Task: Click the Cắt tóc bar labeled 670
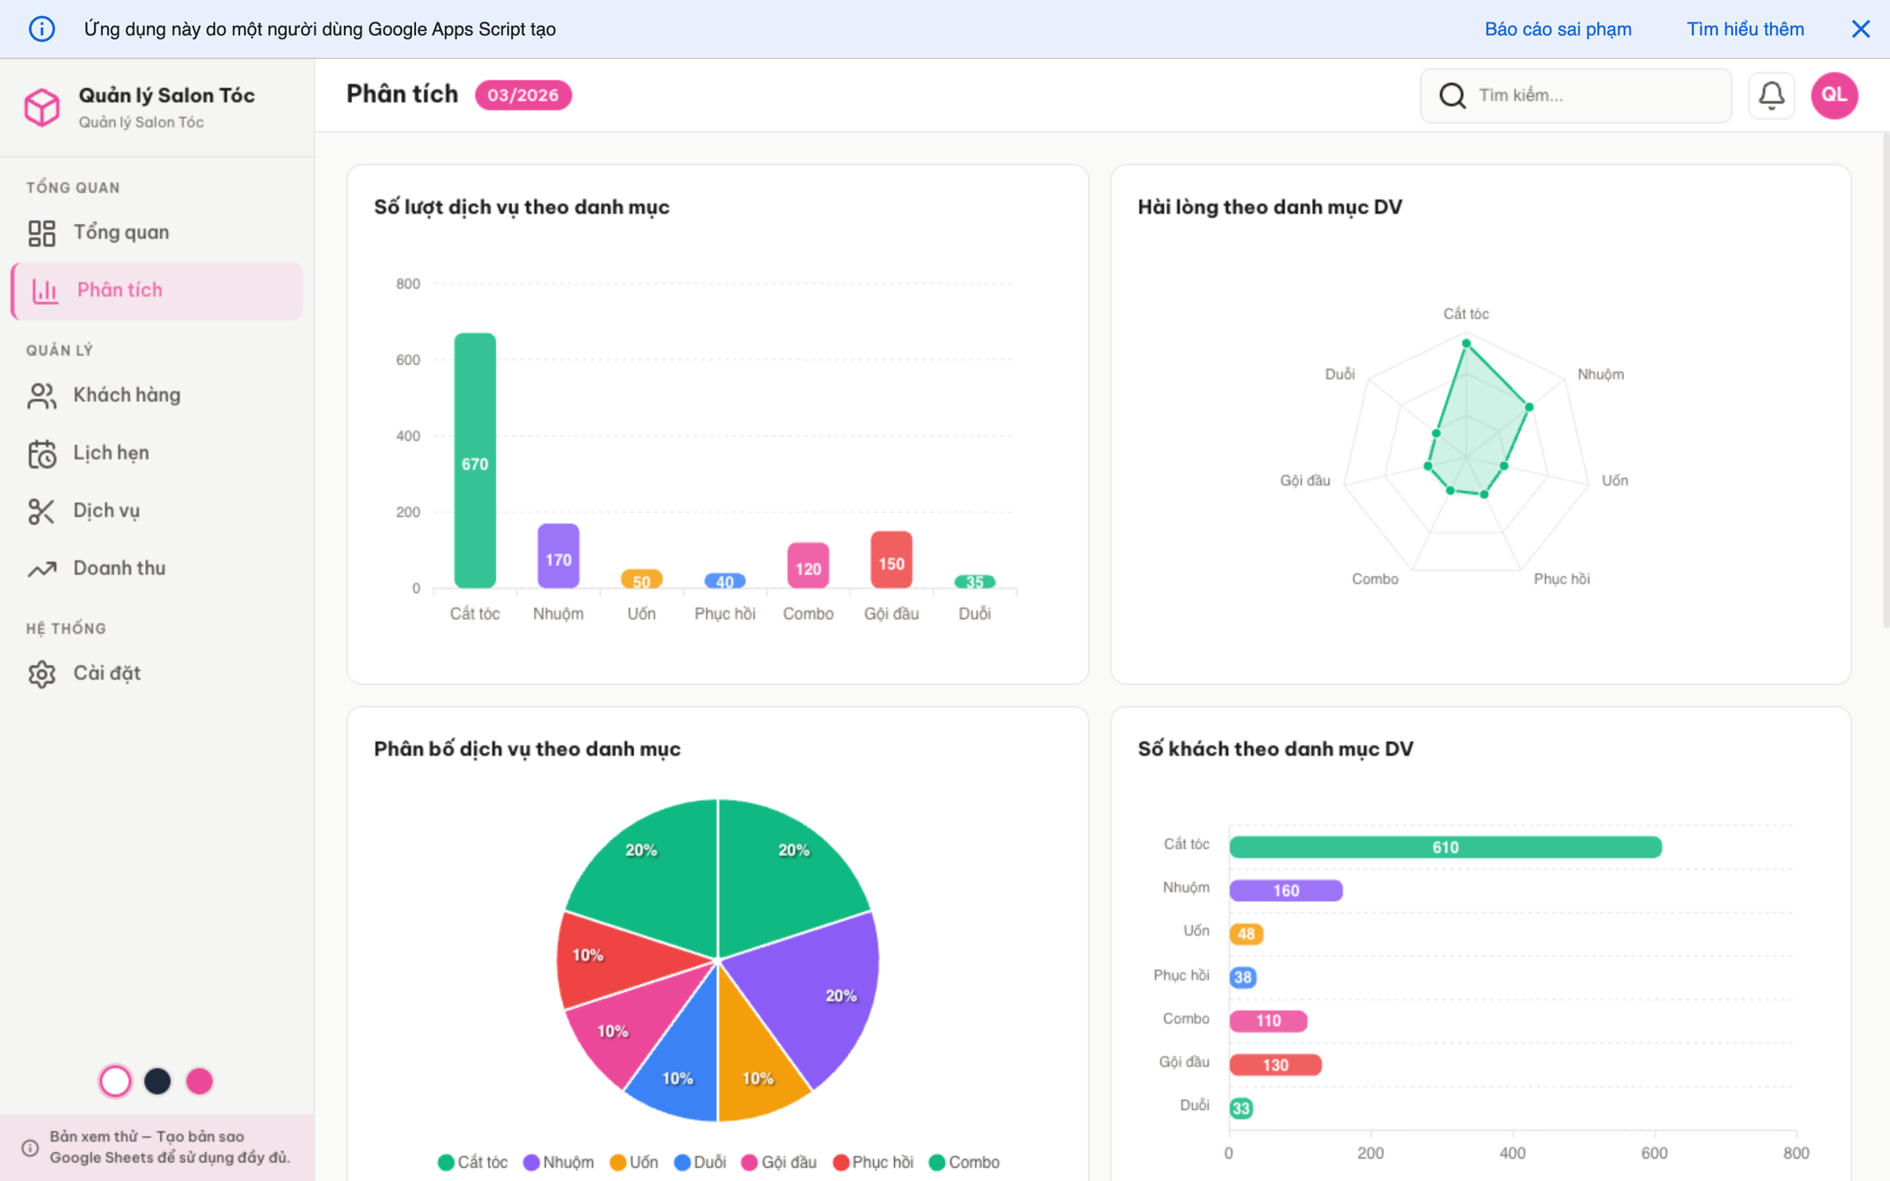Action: click(475, 461)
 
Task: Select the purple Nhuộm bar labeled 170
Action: click(558, 556)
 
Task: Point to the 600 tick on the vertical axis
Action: click(408, 360)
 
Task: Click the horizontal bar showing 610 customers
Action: click(1445, 848)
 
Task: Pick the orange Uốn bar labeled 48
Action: click(1246, 934)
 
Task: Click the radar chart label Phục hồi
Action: click(1561, 579)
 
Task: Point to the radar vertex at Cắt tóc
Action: click(1466, 344)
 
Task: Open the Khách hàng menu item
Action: click(127, 395)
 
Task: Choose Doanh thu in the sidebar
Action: click(119, 569)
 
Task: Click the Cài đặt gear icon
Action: click(42, 673)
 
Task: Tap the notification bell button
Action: click(1771, 95)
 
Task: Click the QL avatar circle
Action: click(1834, 95)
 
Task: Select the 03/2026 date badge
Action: click(523, 95)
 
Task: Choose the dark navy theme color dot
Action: click(157, 1081)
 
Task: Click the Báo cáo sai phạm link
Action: click(1557, 30)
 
